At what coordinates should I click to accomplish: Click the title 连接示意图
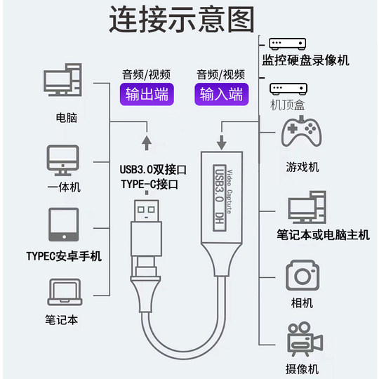(x=181, y=20)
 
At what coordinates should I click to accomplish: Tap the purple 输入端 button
(x=221, y=95)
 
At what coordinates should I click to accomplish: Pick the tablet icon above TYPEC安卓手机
(x=63, y=225)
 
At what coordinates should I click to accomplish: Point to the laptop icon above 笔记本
(x=63, y=290)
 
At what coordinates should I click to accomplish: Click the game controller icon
(x=301, y=133)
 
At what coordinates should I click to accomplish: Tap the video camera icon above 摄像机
(x=303, y=340)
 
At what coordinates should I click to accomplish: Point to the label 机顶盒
(x=288, y=105)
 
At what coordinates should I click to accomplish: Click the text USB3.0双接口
(x=152, y=169)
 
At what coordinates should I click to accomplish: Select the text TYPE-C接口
(x=149, y=185)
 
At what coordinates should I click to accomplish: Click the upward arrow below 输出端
(x=146, y=143)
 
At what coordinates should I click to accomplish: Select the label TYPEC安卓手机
(x=63, y=255)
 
